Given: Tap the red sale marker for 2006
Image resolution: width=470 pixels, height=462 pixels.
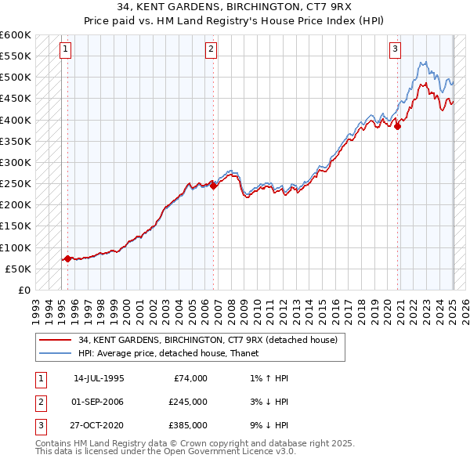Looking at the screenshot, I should click(x=214, y=186).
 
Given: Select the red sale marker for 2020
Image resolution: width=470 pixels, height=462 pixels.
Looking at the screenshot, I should click(x=398, y=126).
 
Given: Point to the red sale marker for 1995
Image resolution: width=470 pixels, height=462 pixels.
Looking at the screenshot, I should click(x=67, y=258).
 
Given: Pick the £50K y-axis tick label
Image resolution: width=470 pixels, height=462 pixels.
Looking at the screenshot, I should click(x=18, y=269).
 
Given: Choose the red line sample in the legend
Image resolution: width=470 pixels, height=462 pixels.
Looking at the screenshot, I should click(x=55, y=340).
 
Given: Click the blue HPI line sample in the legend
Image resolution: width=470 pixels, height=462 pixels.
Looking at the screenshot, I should click(x=55, y=353).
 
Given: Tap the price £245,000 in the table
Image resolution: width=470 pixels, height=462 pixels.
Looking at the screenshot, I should click(x=188, y=402).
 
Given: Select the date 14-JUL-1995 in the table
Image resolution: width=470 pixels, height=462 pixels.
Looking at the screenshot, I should click(x=99, y=378).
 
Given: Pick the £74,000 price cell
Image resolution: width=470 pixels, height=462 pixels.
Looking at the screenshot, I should click(x=190, y=378).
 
